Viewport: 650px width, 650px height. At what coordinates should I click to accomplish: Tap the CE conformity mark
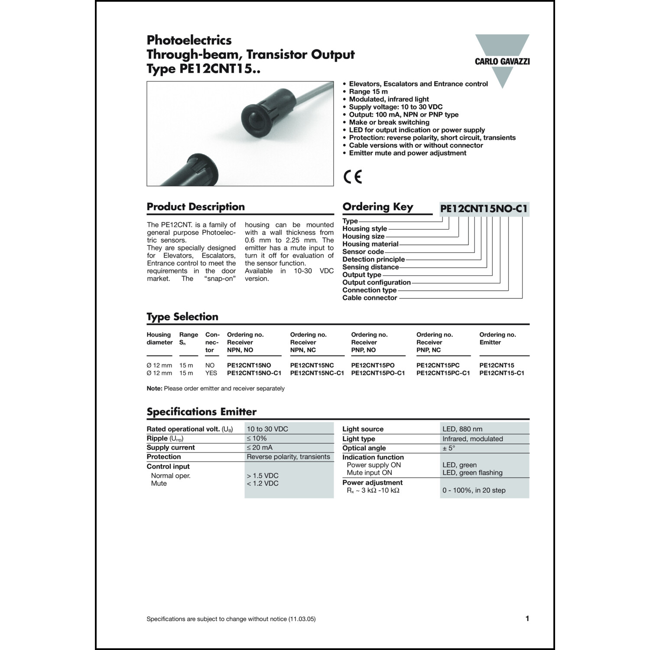pyautogui.click(x=352, y=177)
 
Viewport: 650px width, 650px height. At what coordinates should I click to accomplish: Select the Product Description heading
pyautogui.click(x=195, y=207)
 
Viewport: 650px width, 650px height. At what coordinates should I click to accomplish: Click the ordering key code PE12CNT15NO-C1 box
pyautogui.click(x=484, y=209)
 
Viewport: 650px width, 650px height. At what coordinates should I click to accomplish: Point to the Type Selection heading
pyautogui.click(x=182, y=317)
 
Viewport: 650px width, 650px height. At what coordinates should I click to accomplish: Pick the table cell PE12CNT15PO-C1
pyautogui.click(x=378, y=373)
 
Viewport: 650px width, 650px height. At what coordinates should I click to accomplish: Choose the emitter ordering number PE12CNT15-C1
pyautogui.click(x=501, y=373)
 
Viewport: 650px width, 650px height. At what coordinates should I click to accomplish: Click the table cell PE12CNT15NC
pyautogui.click(x=312, y=365)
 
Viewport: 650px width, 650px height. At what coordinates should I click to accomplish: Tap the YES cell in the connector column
pyautogui.click(x=211, y=373)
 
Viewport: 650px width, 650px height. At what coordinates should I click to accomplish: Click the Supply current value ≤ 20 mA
pyautogui.click(x=260, y=448)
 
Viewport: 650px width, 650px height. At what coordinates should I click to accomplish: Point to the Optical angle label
pyautogui.click(x=364, y=448)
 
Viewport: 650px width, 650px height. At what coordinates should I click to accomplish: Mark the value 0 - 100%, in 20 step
pyautogui.click(x=474, y=491)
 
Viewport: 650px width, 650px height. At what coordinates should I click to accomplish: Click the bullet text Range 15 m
pyautogui.click(x=368, y=91)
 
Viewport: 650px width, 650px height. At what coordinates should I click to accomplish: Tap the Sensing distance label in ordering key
pyautogui.click(x=370, y=267)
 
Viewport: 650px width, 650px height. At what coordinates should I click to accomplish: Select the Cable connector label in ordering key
pyautogui.click(x=370, y=298)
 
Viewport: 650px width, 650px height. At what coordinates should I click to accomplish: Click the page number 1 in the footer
pyautogui.click(x=527, y=619)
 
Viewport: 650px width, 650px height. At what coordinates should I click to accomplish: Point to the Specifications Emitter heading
pyautogui.click(x=201, y=412)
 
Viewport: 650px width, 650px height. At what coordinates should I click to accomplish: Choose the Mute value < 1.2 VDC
pyautogui.click(x=263, y=484)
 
